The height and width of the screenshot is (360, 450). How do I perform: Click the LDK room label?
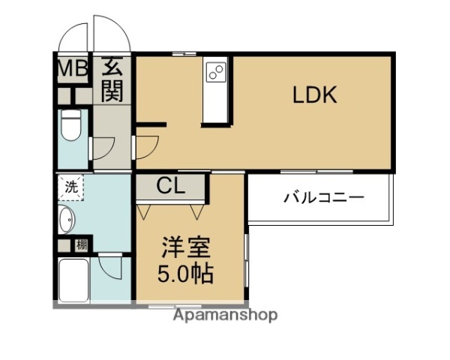[314, 95]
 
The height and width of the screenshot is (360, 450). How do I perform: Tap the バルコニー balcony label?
[323, 198]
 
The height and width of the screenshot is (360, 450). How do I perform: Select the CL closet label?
[171, 185]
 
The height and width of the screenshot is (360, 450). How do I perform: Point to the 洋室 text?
[187, 247]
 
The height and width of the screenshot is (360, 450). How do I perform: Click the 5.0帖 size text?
[185, 272]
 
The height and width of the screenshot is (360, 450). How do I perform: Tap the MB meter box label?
[73, 69]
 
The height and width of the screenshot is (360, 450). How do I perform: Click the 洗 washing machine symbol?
[70, 187]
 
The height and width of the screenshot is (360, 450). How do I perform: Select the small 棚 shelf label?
[81, 244]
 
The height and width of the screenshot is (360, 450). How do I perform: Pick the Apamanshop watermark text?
[225, 315]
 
